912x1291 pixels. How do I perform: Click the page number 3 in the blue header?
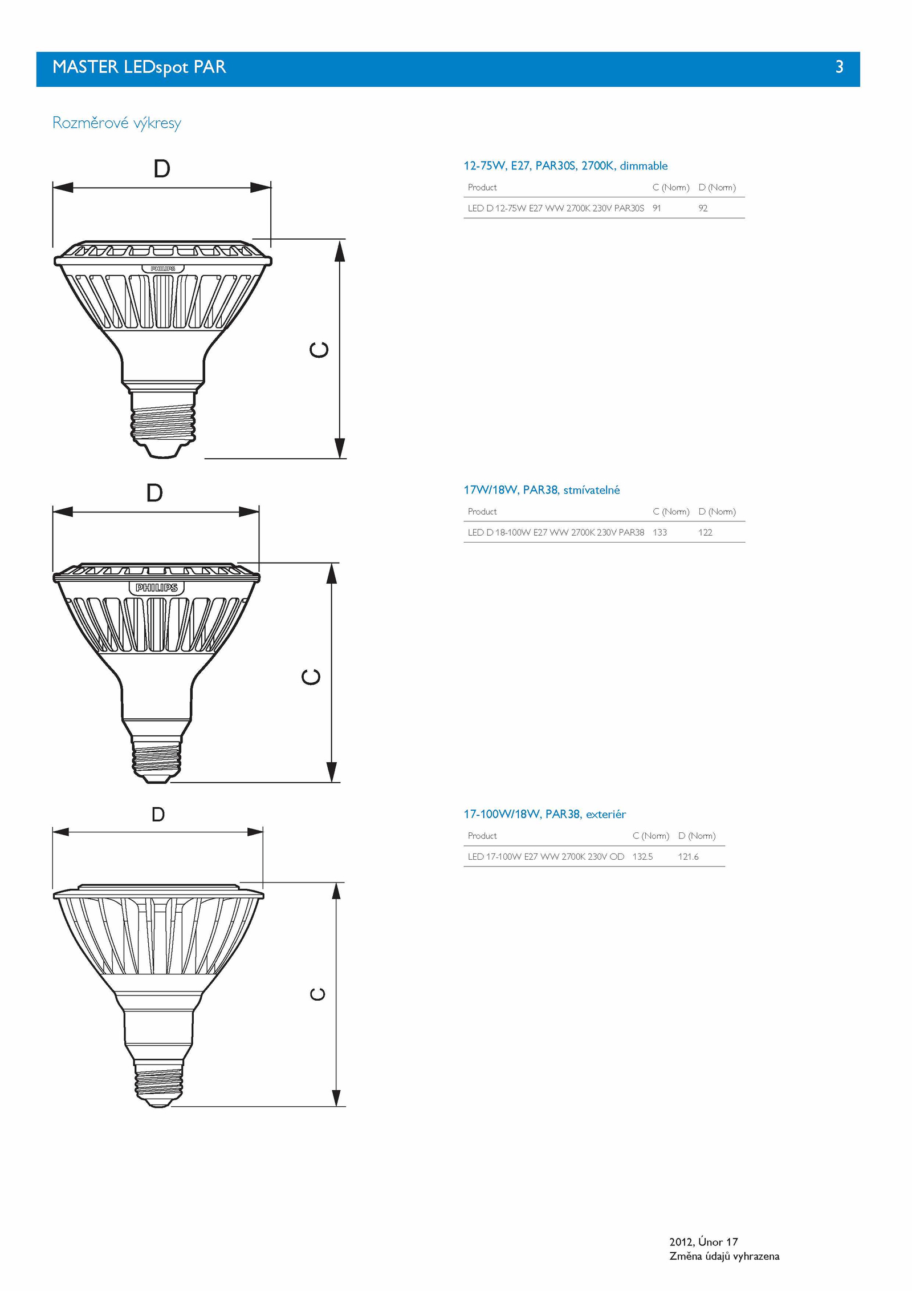coord(839,67)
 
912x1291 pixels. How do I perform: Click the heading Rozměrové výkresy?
coord(117,123)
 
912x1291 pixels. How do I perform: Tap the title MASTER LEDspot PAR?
coord(139,67)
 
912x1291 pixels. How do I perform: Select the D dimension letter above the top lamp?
coord(162,168)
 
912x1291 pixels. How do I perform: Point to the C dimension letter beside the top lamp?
coord(319,349)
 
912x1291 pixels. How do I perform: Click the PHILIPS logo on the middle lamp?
coord(157,588)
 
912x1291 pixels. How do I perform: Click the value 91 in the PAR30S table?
coord(657,208)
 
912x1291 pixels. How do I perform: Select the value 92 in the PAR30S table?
coord(703,208)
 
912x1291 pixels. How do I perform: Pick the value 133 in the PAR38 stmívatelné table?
coord(659,532)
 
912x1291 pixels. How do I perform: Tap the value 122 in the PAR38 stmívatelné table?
coord(705,532)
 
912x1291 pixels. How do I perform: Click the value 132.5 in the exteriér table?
coord(642,856)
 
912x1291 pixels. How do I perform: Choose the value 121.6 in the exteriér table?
coord(688,856)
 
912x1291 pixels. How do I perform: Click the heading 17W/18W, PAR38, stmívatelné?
coord(541,490)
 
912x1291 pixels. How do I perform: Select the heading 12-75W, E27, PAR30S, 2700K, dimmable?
coord(565,166)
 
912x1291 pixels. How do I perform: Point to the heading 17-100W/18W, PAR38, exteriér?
coord(544,814)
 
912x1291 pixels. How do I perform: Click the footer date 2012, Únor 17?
coord(703,1241)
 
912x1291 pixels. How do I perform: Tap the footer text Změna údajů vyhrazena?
coord(724,1256)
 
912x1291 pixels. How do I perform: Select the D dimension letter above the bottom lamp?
coord(158,814)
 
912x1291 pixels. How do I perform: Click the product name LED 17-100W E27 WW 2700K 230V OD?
coord(545,856)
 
